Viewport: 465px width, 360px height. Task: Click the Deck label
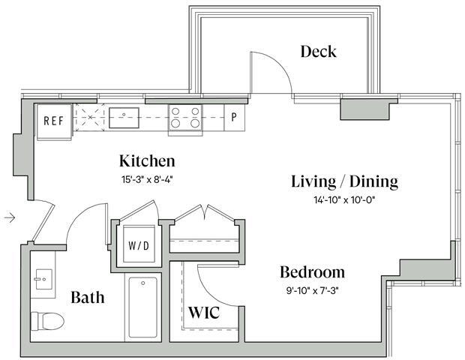pyautogui.click(x=318, y=52)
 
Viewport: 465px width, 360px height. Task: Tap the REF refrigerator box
pyautogui.click(x=52, y=120)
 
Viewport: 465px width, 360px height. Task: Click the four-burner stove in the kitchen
pyautogui.click(x=184, y=118)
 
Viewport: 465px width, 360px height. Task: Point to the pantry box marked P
pyautogui.click(x=234, y=118)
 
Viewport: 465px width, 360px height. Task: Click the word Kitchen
pyautogui.click(x=147, y=161)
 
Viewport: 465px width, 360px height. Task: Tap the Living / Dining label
pyautogui.click(x=344, y=181)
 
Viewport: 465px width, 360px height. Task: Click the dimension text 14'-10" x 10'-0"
pyautogui.click(x=344, y=200)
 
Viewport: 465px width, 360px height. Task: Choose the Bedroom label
pyautogui.click(x=312, y=271)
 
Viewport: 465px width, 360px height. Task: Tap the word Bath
pyautogui.click(x=87, y=298)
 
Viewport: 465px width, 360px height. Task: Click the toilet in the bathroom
pyautogui.click(x=46, y=320)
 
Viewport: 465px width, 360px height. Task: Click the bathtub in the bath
pyautogui.click(x=143, y=307)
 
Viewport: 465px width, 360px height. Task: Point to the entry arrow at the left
pyautogui.click(x=10, y=217)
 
